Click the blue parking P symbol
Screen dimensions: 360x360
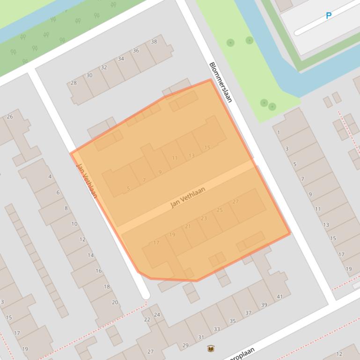[x=329, y=16]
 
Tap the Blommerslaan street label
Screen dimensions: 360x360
[x=220, y=82]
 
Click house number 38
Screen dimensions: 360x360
[x=154, y=42]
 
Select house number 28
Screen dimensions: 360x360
[x=73, y=83]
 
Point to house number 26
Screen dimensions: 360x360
[x=10, y=116]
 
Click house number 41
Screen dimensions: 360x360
[x=279, y=296]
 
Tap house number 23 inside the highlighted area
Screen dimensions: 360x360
[x=204, y=218]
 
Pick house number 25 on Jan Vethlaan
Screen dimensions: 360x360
[x=220, y=210]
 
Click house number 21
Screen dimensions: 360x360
[x=188, y=226]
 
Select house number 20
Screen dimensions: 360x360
[x=115, y=302]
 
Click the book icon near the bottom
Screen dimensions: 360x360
[x=211, y=348]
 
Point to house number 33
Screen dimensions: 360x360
[x=217, y=329]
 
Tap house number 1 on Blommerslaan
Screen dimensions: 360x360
[x=279, y=132]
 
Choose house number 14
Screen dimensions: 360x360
[x=91, y=255]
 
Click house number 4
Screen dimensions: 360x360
[x=50, y=177]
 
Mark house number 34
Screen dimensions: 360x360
[x=121, y=59]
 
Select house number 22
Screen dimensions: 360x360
[x=147, y=319]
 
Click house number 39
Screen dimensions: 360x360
[x=264, y=305]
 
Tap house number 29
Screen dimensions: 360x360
[x=185, y=346]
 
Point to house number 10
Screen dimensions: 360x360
[x=74, y=224]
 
